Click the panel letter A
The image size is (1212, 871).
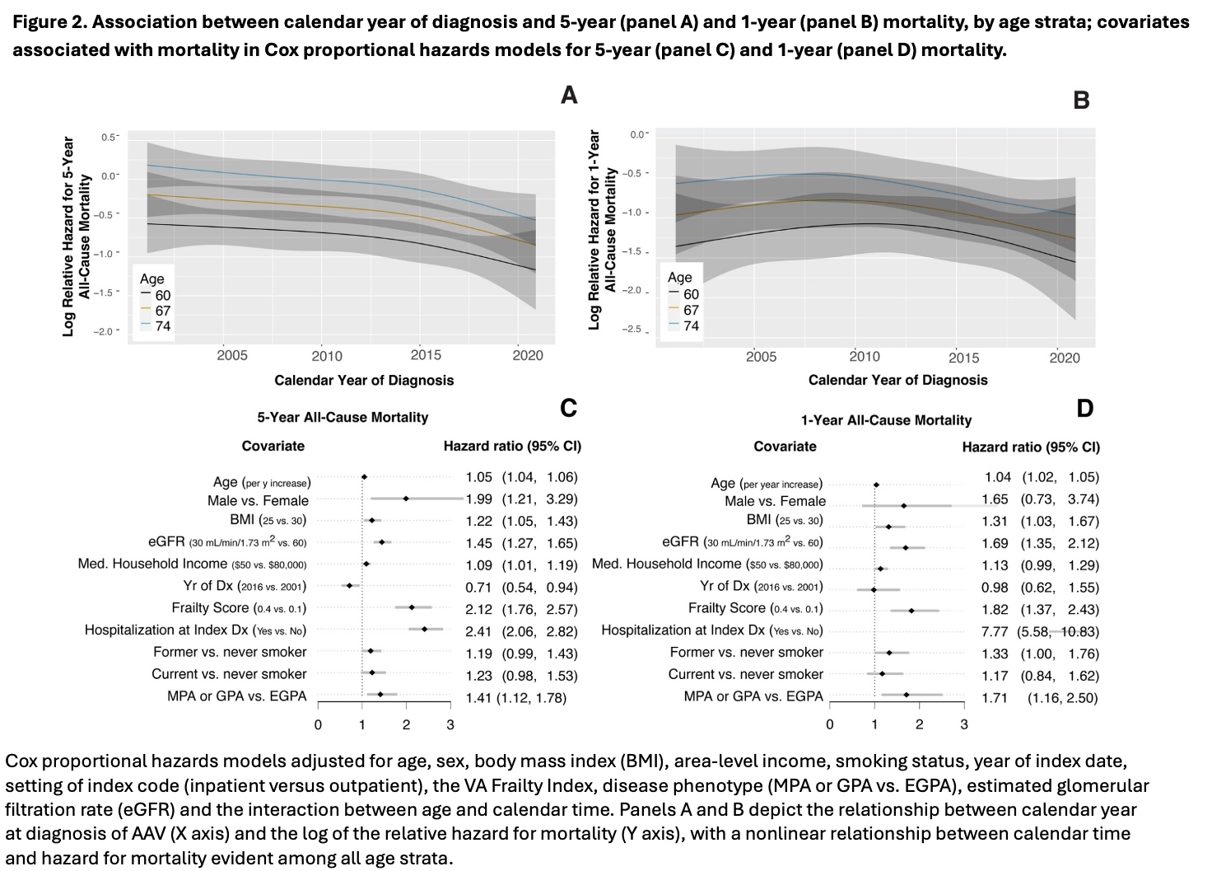[x=569, y=96]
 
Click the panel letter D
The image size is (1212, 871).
[x=1084, y=408]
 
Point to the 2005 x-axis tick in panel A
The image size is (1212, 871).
[x=232, y=355]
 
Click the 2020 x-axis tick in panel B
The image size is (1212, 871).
[x=1065, y=358]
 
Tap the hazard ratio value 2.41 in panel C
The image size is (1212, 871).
[x=478, y=630]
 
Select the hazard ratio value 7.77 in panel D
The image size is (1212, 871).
[x=998, y=631]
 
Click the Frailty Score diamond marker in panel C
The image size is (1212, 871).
[x=412, y=607]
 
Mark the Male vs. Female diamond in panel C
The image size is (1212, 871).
[x=406, y=499]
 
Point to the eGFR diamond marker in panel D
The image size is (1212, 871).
[x=906, y=547]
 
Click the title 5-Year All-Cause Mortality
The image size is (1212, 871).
[x=343, y=417]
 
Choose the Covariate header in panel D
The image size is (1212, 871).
[x=785, y=446]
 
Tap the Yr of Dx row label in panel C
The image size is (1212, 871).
[x=245, y=586]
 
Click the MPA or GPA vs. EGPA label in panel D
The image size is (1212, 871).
[x=753, y=696]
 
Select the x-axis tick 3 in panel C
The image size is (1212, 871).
[x=450, y=725]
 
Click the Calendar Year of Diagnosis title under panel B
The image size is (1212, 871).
[x=897, y=380]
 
